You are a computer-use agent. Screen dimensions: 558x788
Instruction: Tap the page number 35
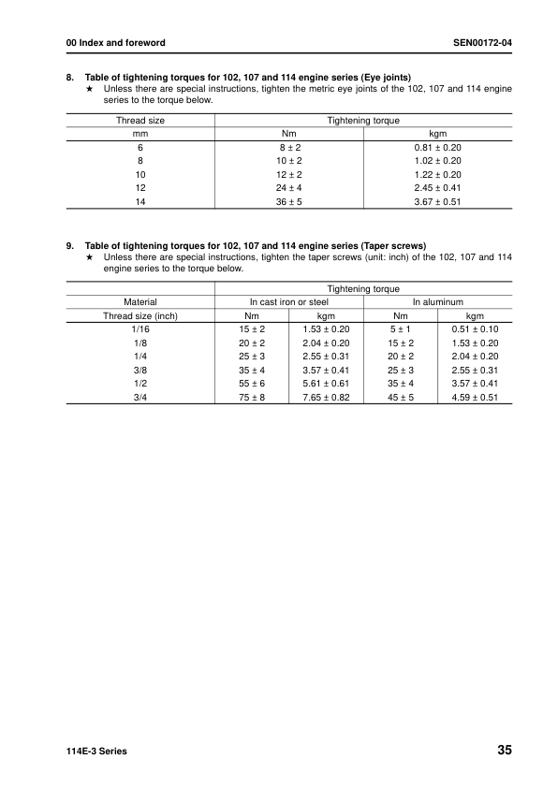coord(505,751)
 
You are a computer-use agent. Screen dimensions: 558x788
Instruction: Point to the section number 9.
coord(70,247)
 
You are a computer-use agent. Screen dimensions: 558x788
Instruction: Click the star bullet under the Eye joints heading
coord(89,89)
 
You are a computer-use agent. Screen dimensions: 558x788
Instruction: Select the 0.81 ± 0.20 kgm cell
coord(437,148)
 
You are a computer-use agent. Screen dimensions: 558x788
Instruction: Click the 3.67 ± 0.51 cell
coord(437,201)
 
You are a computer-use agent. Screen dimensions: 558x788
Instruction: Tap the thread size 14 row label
coord(140,201)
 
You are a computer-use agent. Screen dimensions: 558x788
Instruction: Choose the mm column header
coord(140,134)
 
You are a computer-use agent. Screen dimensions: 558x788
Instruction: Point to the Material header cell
coord(140,302)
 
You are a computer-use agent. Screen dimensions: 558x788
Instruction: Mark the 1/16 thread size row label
coord(140,329)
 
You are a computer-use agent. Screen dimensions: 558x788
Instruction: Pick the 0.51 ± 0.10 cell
coord(476,329)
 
